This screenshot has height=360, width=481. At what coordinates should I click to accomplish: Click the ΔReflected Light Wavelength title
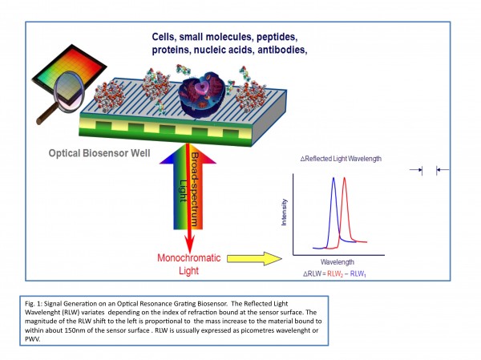point(347,159)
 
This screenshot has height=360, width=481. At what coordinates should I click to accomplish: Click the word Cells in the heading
point(169,37)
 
